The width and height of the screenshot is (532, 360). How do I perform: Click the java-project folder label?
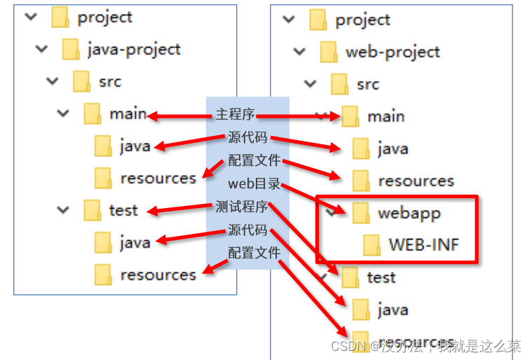pos(133,49)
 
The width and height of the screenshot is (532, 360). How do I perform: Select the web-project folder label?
pos(392,52)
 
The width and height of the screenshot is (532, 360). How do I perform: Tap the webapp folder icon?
pos(362,212)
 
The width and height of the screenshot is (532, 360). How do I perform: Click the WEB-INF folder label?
pos(423,244)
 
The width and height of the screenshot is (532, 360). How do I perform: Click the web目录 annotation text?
pos(254,184)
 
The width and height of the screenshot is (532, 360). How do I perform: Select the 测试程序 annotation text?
pos(242,207)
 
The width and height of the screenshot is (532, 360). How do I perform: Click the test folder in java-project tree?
pos(123,209)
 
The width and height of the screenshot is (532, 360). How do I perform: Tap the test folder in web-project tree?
pos(381,277)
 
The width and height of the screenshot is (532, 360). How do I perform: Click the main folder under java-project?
pos(128,113)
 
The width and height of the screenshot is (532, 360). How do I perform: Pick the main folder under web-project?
pos(386,116)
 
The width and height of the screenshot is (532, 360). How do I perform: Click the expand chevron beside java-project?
pos(42,49)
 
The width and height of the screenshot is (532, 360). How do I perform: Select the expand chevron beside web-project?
pos(300,51)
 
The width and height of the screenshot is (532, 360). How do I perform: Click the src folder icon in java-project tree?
pos(81,81)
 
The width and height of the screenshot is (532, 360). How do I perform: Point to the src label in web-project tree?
pos(367,84)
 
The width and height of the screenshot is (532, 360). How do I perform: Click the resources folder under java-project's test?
pos(157,275)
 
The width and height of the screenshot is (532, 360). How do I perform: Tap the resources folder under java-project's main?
pos(157,178)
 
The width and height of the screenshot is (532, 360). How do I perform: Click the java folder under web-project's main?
pos(392,148)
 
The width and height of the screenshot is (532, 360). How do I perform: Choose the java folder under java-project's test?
pos(135,242)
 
